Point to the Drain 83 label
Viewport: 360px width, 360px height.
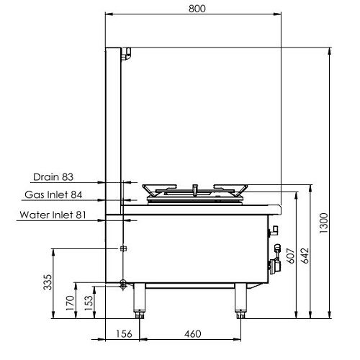53,176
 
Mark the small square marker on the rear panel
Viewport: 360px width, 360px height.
123,248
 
